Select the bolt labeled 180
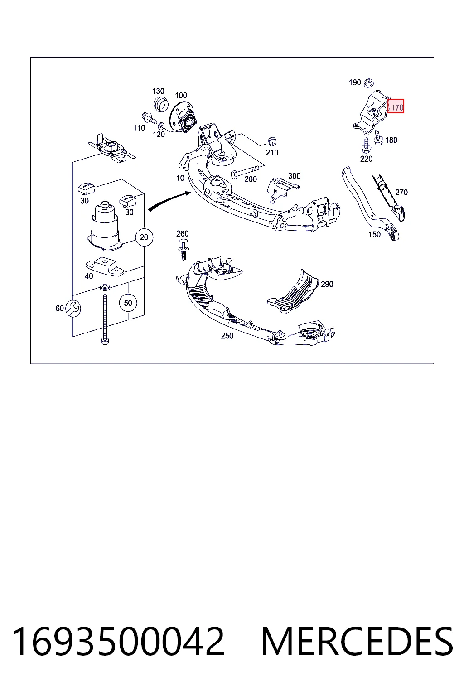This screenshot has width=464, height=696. (378, 137)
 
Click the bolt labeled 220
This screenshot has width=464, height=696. (366, 145)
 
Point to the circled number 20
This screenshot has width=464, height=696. (144, 237)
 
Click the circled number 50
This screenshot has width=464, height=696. (128, 303)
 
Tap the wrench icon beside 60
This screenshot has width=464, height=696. (73, 309)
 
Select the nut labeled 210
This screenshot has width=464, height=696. (272, 141)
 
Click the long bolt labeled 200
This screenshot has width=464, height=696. (245, 172)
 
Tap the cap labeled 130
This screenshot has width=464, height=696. (161, 104)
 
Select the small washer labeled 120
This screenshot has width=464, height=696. (161, 126)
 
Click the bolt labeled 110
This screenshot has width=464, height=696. (149, 118)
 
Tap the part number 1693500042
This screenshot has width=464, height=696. (118, 641)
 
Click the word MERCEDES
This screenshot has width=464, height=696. (358, 641)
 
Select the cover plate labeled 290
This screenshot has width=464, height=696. (293, 291)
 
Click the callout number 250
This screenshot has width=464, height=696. (227, 336)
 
